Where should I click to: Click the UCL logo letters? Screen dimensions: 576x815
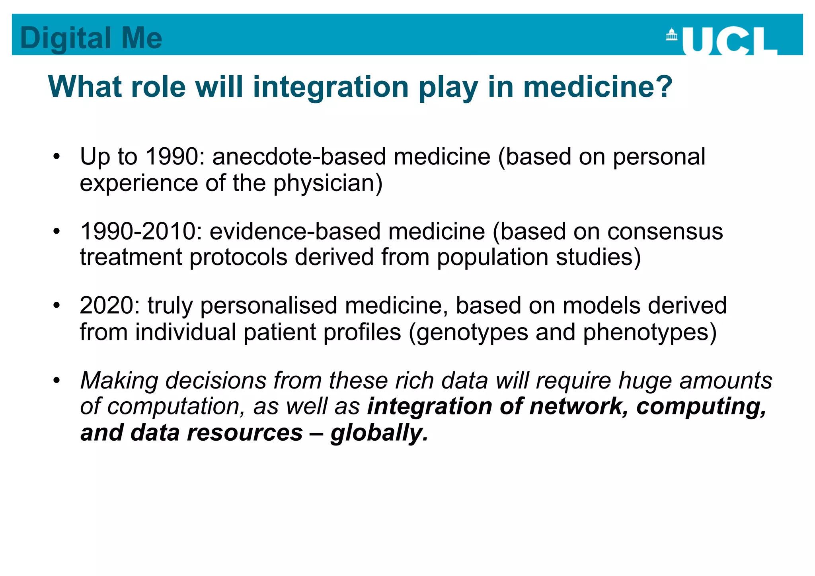point(729,41)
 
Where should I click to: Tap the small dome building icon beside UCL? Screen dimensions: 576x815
point(672,35)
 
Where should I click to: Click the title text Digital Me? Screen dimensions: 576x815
point(91,38)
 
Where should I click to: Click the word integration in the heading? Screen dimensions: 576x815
point(331,87)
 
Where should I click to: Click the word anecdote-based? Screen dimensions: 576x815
point(299,156)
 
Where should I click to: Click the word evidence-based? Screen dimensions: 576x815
point(295,231)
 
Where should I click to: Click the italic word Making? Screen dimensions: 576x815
point(119,381)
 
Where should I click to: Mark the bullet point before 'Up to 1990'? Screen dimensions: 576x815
point(57,157)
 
